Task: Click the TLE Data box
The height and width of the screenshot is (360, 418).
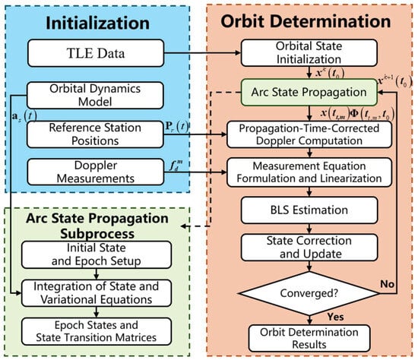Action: click(x=96, y=53)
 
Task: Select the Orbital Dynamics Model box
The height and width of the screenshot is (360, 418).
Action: click(x=95, y=96)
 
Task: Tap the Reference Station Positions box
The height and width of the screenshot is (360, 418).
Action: click(x=95, y=134)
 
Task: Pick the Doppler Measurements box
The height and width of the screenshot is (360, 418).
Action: click(x=96, y=172)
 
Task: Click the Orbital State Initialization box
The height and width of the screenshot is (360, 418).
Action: click(x=309, y=52)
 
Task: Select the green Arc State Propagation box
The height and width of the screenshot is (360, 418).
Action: click(x=309, y=92)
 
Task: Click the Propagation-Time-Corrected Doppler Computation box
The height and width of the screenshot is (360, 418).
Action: click(x=309, y=134)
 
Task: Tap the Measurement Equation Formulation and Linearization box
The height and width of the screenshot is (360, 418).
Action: click(x=309, y=172)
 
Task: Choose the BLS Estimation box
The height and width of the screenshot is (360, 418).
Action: click(x=309, y=210)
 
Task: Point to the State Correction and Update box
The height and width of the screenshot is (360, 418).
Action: click(x=309, y=248)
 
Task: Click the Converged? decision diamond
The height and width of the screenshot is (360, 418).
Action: click(x=309, y=293)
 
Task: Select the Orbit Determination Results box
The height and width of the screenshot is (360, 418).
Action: click(x=309, y=338)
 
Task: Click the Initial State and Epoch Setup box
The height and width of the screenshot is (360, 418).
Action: click(x=97, y=254)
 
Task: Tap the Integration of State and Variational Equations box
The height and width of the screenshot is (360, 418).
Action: click(x=97, y=293)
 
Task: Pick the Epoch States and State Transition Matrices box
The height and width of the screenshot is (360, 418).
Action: click(x=97, y=331)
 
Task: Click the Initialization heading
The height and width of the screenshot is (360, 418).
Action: click(x=97, y=23)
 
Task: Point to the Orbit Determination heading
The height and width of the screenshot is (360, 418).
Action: click(x=306, y=21)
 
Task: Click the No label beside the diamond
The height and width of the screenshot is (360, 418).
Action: click(x=388, y=284)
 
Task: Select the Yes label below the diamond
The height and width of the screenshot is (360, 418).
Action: click(x=336, y=317)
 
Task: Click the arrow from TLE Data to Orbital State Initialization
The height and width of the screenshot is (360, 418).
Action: click(x=202, y=53)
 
